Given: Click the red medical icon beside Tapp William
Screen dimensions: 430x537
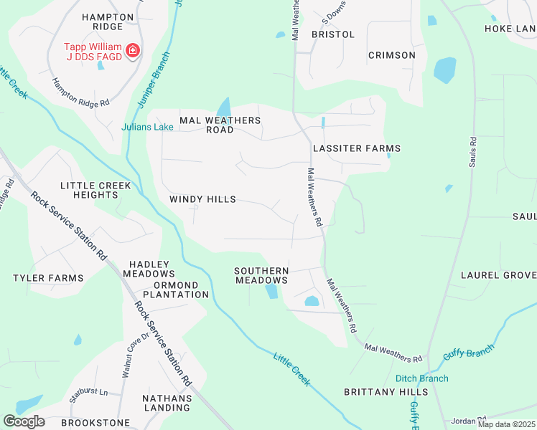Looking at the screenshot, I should tap(132, 50).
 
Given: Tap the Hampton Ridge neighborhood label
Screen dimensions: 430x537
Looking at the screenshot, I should tap(108, 22).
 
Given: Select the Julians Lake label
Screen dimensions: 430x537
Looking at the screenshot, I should tap(147, 128).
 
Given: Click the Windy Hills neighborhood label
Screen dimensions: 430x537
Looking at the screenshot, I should tap(202, 199).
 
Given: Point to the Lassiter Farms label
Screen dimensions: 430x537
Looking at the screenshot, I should tap(356, 148).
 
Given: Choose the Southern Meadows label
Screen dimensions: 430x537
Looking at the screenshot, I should tap(262, 276).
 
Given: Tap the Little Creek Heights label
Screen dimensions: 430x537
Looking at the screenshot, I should tap(95, 191).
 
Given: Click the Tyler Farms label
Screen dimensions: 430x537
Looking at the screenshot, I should tap(48, 278).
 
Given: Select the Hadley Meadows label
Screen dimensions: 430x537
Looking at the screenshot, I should tap(149, 269).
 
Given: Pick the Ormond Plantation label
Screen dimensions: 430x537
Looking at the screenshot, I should tap(175, 290).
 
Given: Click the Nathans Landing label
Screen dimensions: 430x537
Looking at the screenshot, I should tap(167, 403).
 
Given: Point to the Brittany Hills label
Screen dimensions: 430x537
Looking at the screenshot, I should tap(386, 392).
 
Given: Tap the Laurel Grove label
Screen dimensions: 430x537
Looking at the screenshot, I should tap(498, 275).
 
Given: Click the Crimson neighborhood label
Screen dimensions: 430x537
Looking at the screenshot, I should tap(391, 55).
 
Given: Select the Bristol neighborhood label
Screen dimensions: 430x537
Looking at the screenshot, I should tap(332, 34).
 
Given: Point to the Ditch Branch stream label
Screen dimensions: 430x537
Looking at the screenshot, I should tap(421, 378).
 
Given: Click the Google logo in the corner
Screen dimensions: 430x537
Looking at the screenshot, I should tap(24, 421).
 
